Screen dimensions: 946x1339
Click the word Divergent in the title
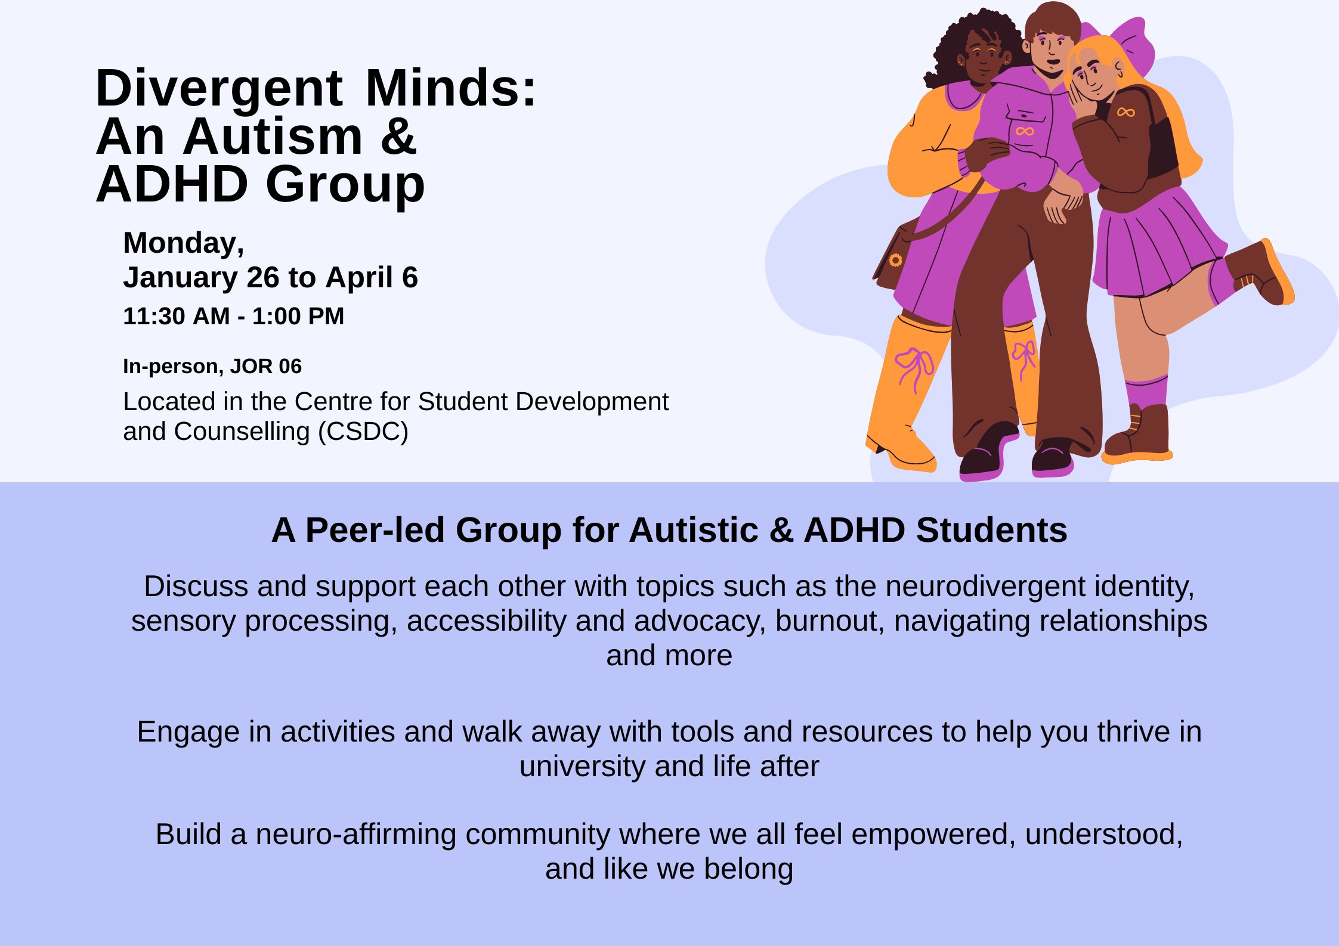pos(219,88)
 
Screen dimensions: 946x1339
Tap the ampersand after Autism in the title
pos(398,137)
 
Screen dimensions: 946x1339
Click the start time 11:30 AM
pos(176,316)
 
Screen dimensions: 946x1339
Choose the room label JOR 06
pos(265,366)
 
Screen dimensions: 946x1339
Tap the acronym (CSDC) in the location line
pos(363,432)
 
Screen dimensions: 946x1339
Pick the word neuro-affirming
pos(355,834)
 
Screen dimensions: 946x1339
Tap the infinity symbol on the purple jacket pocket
pos(1025,131)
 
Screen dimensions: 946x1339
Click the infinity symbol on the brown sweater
pos(1125,112)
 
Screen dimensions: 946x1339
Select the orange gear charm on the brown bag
pos(895,260)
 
